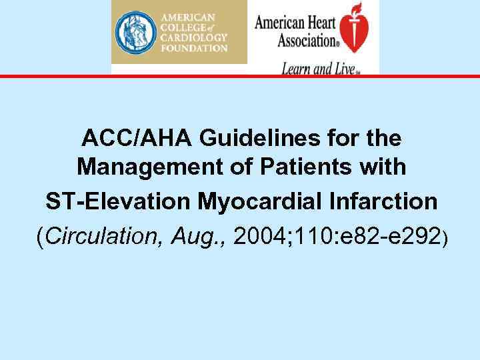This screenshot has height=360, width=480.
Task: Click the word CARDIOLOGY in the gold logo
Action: click(193, 37)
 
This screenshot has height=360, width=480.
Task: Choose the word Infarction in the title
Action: click(387, 201)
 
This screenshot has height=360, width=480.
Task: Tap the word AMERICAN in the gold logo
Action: click(193, 16)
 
